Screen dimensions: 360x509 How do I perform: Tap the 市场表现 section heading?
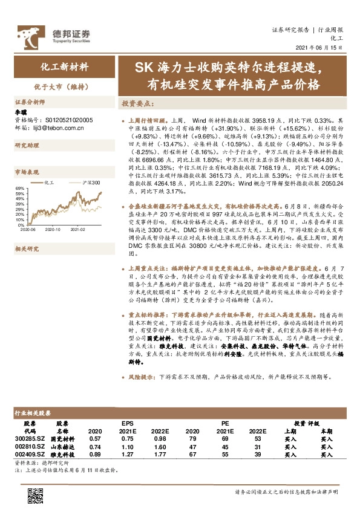[x=27, y=171]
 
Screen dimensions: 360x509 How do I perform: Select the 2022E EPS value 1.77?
[x=160, y=453]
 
